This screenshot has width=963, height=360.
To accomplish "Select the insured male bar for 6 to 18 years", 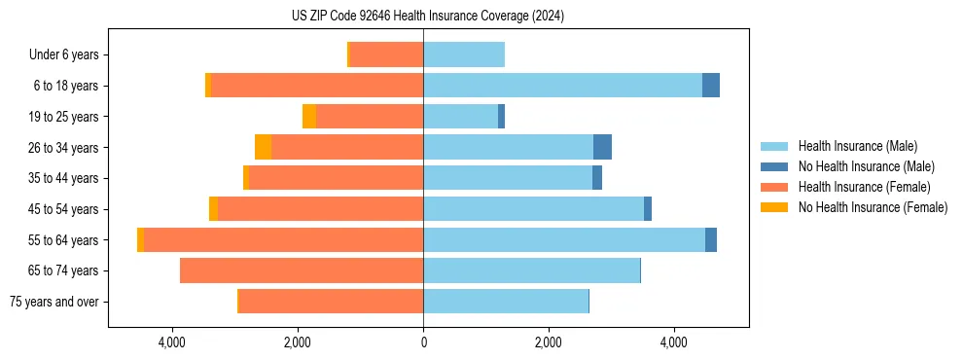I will [562, 86].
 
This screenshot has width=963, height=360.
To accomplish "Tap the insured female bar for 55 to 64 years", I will [283, 239].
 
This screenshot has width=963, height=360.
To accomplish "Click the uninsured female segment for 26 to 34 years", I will [263, 147].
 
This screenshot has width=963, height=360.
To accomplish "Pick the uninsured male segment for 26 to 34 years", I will [602, 147].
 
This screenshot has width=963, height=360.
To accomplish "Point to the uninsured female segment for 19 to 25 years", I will [309, 117].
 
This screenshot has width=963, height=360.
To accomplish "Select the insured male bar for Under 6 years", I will [464, 54].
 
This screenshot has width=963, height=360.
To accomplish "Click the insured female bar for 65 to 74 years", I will [302, 270].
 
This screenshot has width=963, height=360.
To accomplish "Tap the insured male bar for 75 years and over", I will [506, 302].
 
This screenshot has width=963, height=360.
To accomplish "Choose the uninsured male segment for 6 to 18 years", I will [711, 86].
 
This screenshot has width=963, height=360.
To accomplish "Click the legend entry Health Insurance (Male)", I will [857, 146].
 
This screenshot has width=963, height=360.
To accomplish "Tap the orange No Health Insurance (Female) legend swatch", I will [774, 207].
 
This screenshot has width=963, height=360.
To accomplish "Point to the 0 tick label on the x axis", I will [423, 342].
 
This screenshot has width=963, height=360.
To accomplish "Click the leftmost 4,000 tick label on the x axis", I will [172, 342].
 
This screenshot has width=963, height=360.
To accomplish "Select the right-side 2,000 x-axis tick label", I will [549, 342].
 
